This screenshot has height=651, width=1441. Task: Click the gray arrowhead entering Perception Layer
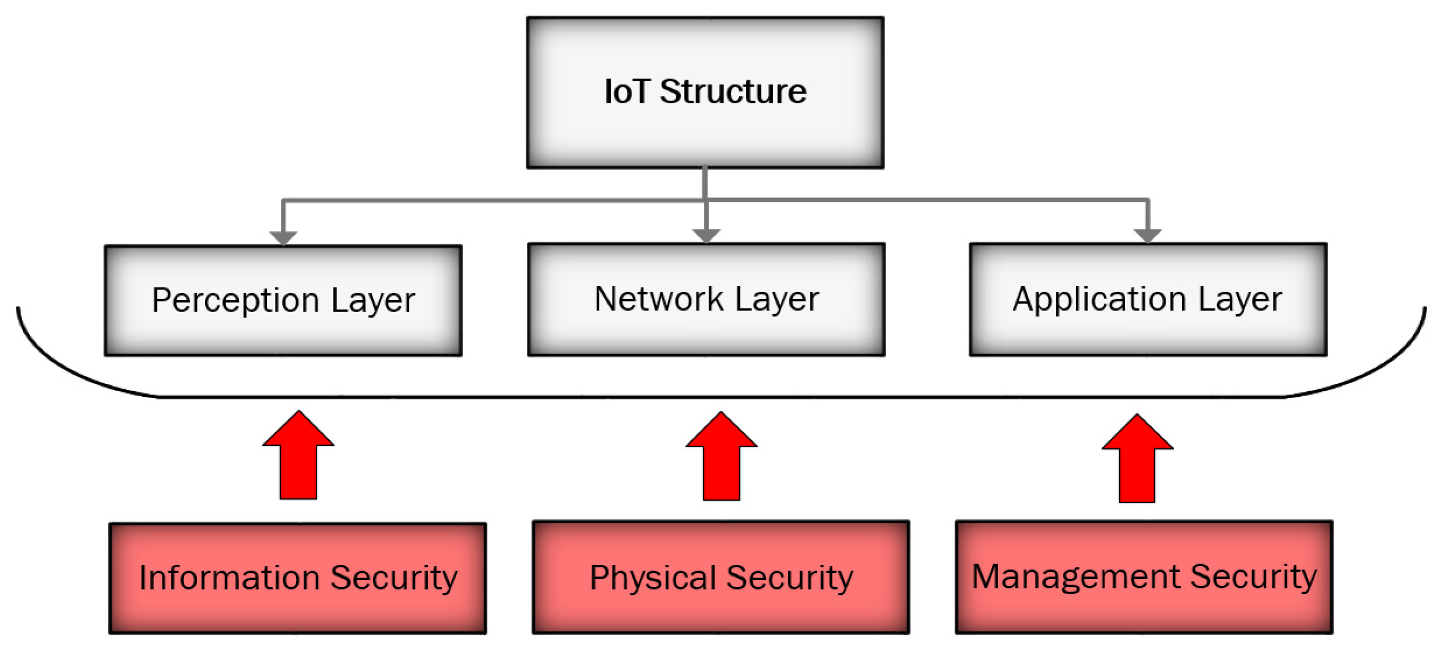tap(283, 238)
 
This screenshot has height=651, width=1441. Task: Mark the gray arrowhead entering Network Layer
tap(706, 236)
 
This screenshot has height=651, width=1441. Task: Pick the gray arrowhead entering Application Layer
tap(1148, 236)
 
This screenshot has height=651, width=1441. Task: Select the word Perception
tap(236, 300)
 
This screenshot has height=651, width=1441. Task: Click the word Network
tap(659, 299)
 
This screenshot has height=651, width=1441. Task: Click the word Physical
tap(652, 578)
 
